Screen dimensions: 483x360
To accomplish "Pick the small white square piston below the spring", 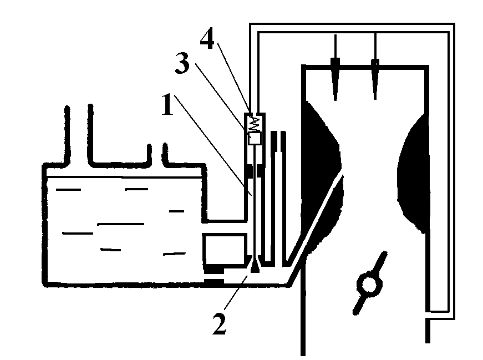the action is pyautogui.click(x=254, y=139).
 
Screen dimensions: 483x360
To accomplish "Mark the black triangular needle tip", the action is pyautogui.click(x=254, y=266).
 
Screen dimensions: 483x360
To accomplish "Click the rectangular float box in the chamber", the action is pyautogui.click(x=225, y=248).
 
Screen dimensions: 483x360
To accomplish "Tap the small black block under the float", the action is pyautogui.click(x=213, y=282).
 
